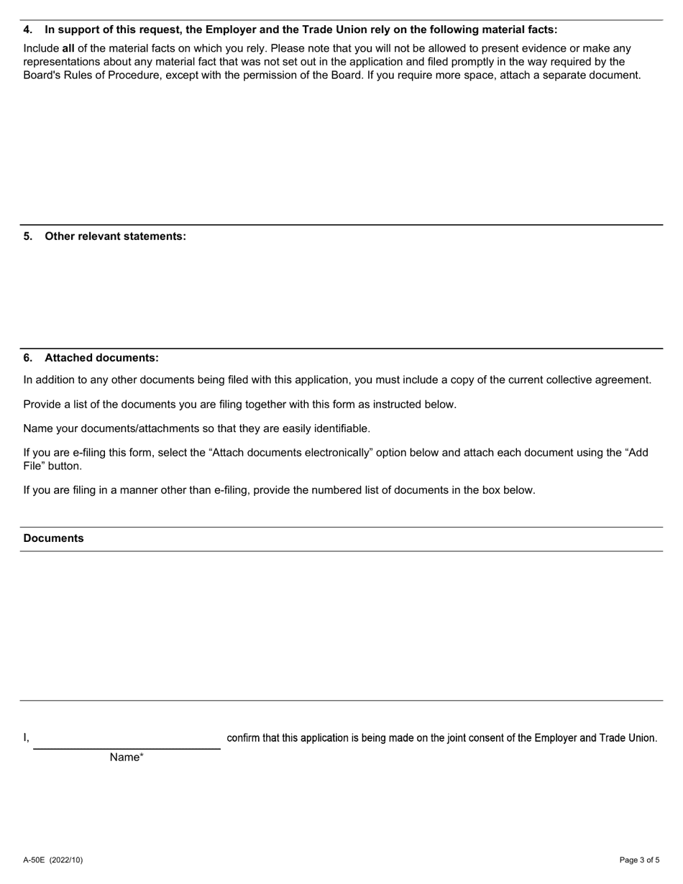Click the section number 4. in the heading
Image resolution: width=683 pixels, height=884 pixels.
tap(28, 30)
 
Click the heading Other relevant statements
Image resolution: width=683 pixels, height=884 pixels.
tap(115, 236)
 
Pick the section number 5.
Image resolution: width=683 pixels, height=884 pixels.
tap(28, 236)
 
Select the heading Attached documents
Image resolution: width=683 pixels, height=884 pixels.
tap(101, 358)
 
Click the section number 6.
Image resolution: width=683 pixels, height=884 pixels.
tap(28, 358)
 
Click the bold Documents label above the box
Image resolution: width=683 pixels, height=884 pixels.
tap(53, 539)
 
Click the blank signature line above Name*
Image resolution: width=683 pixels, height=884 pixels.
tap(127, 740)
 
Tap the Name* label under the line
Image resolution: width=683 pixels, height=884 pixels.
tap(127, 758)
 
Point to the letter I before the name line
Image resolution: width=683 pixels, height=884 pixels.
tap(26, 738)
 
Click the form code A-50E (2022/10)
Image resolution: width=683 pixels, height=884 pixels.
tap(53, 860)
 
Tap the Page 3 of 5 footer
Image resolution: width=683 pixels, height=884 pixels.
tap(639, 860)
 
